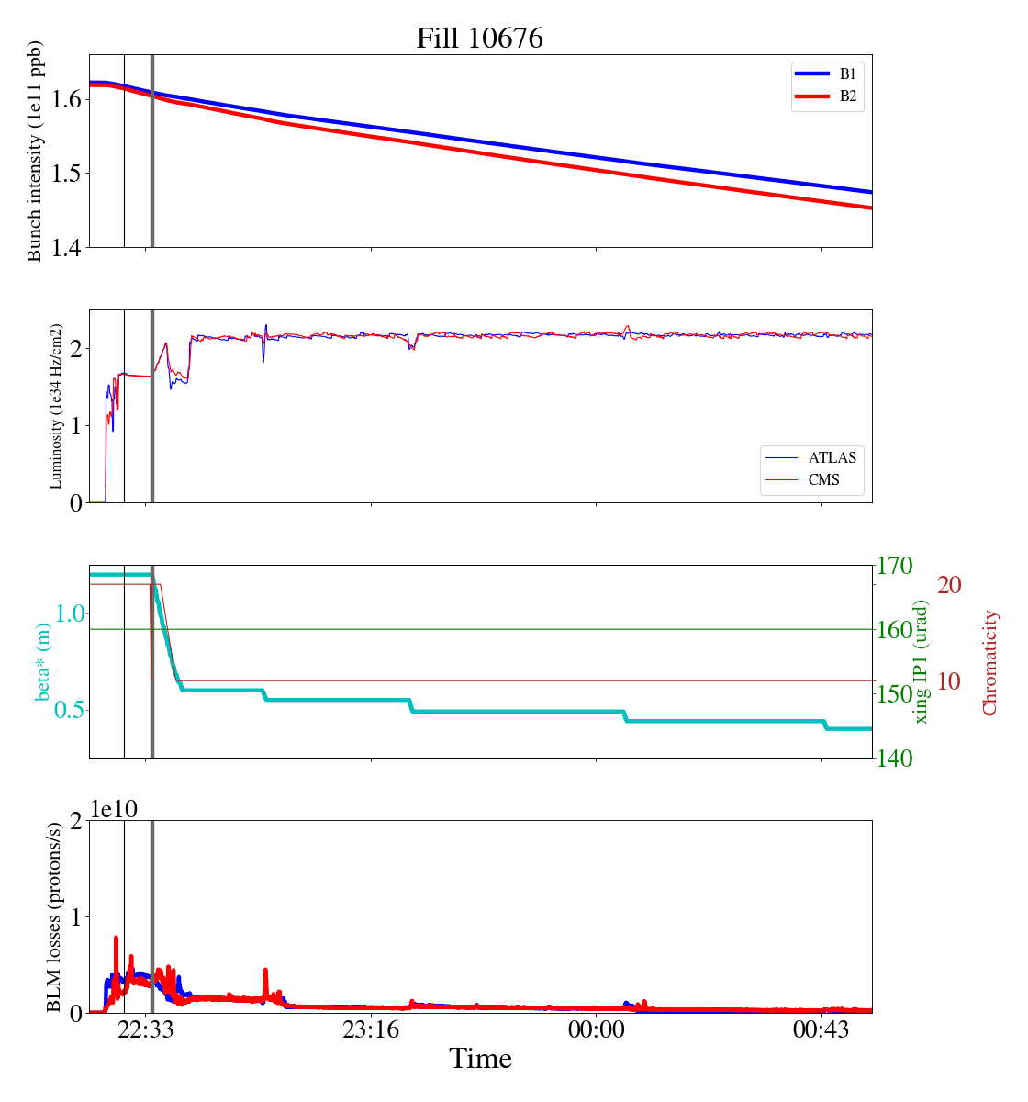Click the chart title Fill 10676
pos(479,39)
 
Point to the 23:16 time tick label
pos(371,1030)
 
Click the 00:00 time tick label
pos(596,1030)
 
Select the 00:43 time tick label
pos(821,1030)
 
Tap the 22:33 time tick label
pos(147,1030)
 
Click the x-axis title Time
pos(480,1059)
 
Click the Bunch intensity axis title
pos(35,151)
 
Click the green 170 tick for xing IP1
pos(895,566)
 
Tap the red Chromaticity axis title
pos(989,662)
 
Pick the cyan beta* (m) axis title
pos(42,661)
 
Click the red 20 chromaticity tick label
pos(949,585)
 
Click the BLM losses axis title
pos(54,916)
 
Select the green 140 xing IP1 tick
pos(895,759)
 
